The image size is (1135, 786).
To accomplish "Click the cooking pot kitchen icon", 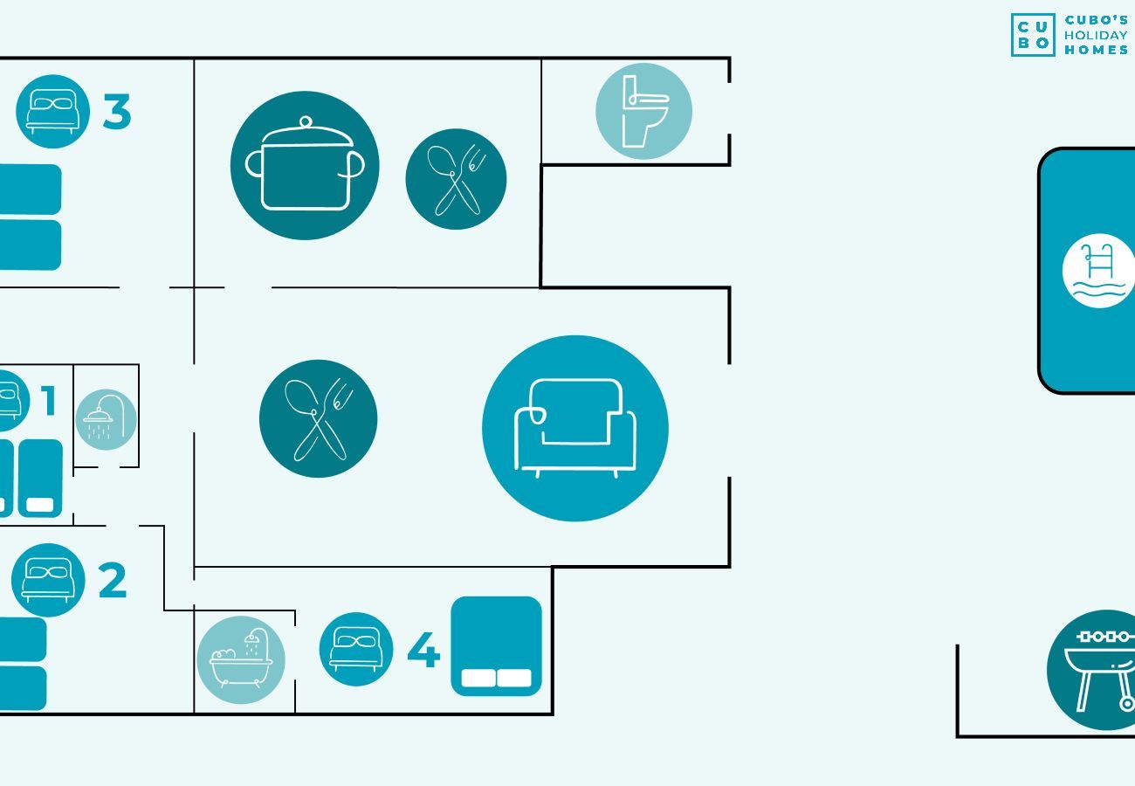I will point(305,165).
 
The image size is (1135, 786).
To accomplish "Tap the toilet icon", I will point(643,111).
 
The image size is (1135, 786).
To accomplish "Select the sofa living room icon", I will point(574,428).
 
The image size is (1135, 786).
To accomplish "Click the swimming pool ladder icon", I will point(1098,271).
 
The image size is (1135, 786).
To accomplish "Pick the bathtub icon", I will point(241,660).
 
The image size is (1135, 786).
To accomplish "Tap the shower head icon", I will point(106,419).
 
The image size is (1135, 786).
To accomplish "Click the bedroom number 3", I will point(117,113).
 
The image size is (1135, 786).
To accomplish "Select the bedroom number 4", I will point(423,650).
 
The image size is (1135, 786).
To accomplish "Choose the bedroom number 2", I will point(113,581).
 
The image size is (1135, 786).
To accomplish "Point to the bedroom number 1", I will point(49,401).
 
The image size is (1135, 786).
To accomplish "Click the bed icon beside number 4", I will point(355,649).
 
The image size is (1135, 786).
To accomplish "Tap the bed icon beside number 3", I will point(52,112).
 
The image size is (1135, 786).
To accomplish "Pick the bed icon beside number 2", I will point(48,580).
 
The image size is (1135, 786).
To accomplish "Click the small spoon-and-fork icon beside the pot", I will point(456,179).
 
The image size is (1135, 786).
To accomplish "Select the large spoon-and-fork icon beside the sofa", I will point(319,418).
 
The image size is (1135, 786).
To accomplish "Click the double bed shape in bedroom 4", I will point(496,646).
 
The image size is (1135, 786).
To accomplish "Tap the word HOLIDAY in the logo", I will point(1096,35).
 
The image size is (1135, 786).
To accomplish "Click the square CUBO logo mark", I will point(1033,35).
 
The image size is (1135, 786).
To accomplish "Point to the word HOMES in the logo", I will point(1096,50).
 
